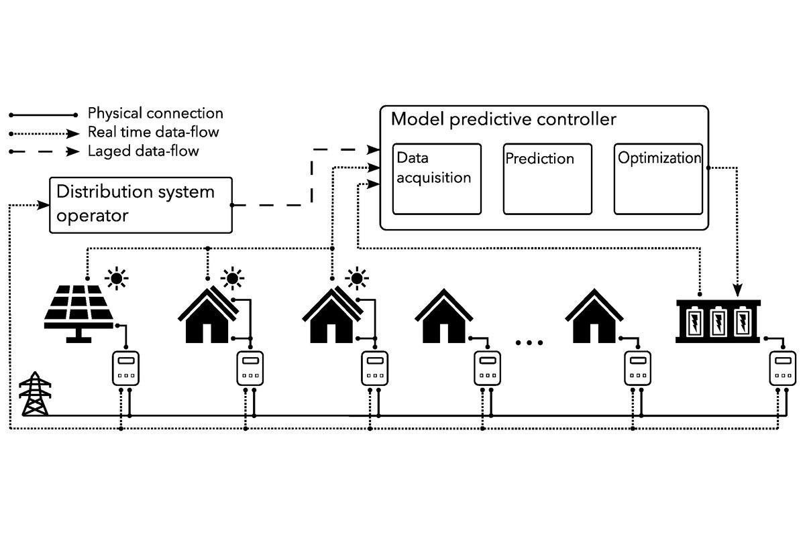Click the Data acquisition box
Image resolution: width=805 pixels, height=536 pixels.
[x=437, y=179]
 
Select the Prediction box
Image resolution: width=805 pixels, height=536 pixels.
[x=547, y=179]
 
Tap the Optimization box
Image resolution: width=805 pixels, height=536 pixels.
[x=658, y=179]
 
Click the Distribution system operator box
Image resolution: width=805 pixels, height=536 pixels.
[x=141, y=205]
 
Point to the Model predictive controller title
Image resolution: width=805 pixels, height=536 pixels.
[x=503, y=120]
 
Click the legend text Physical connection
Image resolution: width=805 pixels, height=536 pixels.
[x=155, y=113]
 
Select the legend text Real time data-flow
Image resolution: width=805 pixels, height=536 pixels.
[x=153, y=132]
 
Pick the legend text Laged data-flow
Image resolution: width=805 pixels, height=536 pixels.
[x=143, y=151]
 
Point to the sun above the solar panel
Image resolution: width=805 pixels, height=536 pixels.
[x=117, y=277]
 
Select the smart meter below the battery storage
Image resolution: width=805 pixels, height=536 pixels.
[x=782, y=368]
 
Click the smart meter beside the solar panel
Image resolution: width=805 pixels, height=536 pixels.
[x=125, y=368]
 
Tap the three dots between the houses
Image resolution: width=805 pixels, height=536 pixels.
[x=529, y=343]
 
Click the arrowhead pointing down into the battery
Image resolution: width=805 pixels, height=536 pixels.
[x=738, y=291]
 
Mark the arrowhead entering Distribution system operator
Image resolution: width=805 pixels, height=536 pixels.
[x=45, y=204]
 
